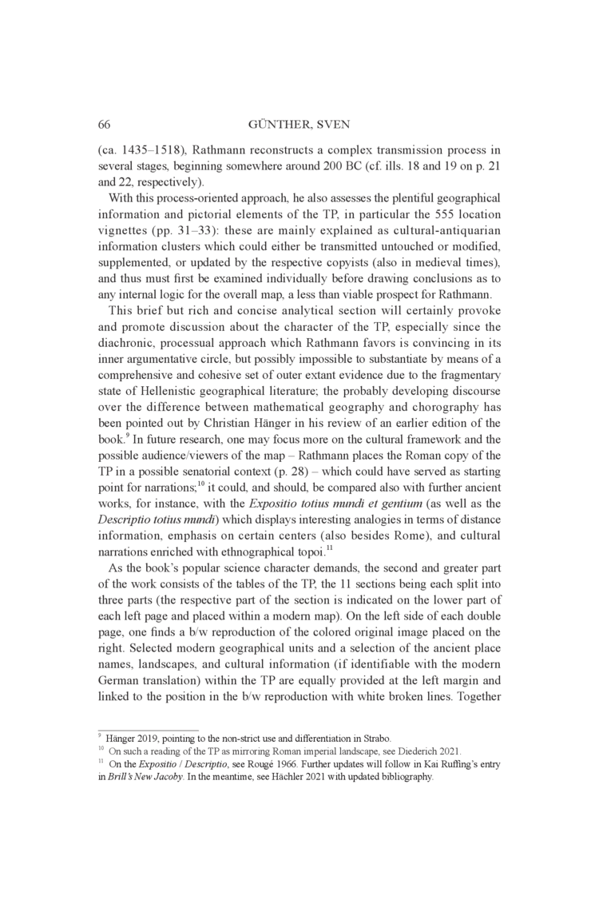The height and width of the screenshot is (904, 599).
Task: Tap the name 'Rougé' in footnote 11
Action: tap(237, 764)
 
